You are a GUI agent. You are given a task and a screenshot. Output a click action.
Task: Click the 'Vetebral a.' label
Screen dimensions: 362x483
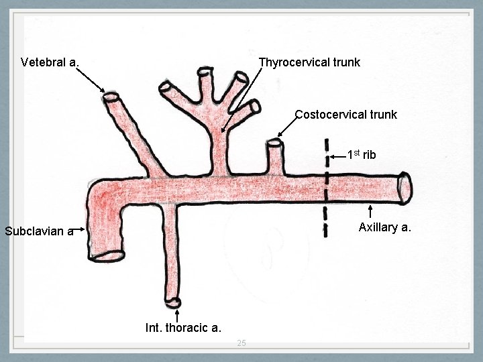(x=50, y=62)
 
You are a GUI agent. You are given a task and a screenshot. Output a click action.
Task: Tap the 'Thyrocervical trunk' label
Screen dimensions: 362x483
(x=309, y=62)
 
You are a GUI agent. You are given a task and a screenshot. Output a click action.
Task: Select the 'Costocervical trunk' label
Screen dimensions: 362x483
(x=346, y=115)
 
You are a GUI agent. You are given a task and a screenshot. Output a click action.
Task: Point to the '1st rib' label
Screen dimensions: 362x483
(x=362, y=155)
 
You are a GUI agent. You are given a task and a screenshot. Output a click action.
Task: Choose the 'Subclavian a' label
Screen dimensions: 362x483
(x=38, y=232)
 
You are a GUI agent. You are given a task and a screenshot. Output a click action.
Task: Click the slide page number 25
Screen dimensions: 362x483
(x=241, y=344)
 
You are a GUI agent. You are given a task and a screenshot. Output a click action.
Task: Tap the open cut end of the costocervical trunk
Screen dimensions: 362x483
(x=274, y=143)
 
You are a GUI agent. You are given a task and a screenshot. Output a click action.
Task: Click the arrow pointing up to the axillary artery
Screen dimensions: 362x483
(x=372, y=211)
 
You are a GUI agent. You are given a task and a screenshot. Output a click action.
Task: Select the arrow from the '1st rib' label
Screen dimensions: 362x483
(x=339, y=157)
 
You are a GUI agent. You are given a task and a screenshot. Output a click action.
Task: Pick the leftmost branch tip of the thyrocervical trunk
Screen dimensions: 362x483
(x=165, y=86)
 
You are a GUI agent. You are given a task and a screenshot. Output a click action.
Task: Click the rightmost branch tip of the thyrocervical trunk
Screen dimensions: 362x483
(x=253, y=107)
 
